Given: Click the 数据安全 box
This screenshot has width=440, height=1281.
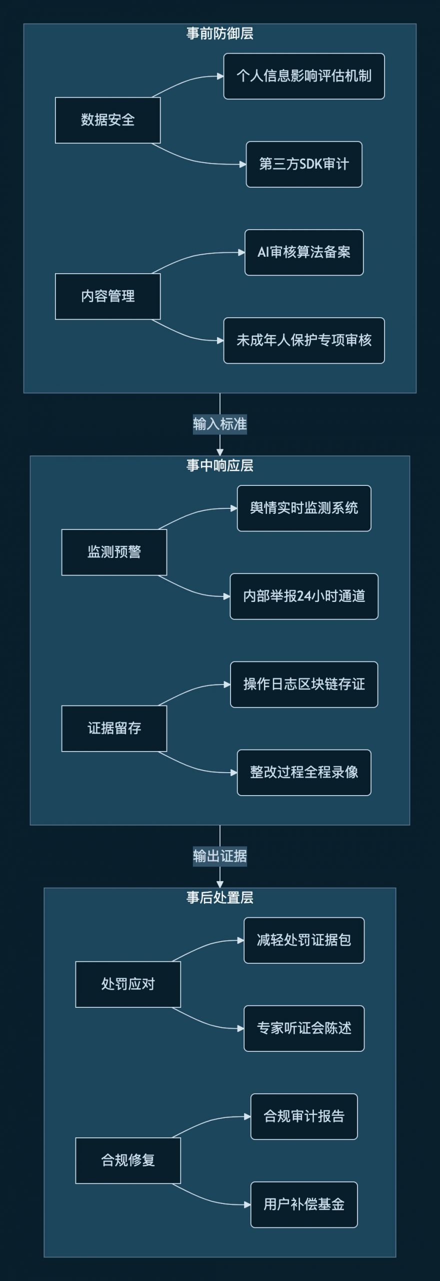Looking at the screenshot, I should point(107,120).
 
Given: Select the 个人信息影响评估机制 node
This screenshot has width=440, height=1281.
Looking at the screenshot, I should point(303,76).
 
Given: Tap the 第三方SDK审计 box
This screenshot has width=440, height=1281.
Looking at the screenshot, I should point(303,164).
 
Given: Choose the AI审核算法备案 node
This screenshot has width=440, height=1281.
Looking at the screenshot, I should point(303,252).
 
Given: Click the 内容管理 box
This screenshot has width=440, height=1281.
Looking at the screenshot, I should point(107,296).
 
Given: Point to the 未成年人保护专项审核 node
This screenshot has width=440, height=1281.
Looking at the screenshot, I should point(303,340).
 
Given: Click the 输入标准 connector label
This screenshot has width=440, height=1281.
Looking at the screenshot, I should point(220,424).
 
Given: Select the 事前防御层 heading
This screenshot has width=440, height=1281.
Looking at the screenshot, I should point(220,34).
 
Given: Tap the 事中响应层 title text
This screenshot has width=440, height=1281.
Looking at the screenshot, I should point(220,465).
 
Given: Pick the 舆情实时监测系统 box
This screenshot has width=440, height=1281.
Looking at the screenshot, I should point(303,508).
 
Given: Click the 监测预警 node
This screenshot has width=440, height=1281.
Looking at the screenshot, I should point(114,552).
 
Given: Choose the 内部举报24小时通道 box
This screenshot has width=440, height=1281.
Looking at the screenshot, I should point(303,596).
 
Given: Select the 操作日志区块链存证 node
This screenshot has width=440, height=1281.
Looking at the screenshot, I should point(303,684).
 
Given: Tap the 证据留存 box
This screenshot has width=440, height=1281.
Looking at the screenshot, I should point(114,728).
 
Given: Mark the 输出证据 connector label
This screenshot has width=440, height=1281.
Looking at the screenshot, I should point(220,856).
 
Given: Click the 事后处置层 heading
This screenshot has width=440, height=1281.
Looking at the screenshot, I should point(220,897).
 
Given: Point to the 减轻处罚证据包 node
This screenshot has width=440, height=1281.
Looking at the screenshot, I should point(303,940).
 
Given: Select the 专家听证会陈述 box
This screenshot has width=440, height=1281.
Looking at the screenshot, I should point(303,1028).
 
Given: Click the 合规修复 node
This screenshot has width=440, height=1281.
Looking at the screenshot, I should point(127,1160).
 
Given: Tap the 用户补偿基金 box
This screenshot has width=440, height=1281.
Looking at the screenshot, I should point(303,1204).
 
